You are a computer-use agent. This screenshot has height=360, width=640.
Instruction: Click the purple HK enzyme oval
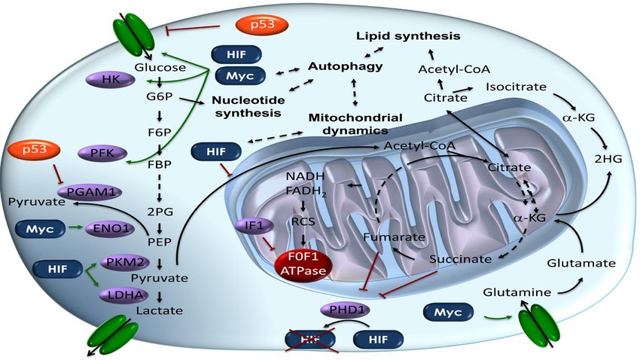[111, 79]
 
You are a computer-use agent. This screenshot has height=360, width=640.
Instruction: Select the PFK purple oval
[102, 154]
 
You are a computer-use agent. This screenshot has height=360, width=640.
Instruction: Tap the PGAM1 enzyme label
[89, 191]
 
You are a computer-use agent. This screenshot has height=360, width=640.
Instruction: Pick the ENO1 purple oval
[109, 228]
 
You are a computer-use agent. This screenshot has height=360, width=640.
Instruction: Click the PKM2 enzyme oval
[125, 262]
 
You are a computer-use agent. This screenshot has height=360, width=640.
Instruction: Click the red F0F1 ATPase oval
[303, 264]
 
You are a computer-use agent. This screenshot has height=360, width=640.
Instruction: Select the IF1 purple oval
[254, 225]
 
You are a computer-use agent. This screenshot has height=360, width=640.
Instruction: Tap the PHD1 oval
[346, 310]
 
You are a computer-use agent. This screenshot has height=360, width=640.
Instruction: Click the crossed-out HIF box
[310, 340]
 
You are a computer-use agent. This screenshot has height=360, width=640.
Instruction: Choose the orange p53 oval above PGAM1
[35, 150]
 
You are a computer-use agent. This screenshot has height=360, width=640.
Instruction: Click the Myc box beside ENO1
[40, 229]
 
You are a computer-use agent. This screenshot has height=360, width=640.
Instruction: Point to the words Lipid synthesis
[408, 36]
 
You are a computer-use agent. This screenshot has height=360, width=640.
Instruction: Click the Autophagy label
[346, 66]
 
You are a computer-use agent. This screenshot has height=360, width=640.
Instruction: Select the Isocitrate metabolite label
[516, 87]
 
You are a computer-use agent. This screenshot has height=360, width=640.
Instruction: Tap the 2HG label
[608, 159]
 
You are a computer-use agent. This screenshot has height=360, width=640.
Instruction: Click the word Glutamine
[517, 292]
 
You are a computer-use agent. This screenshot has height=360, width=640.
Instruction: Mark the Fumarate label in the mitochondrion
[394, 236]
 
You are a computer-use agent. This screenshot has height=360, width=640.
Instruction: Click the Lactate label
[159, 310]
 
